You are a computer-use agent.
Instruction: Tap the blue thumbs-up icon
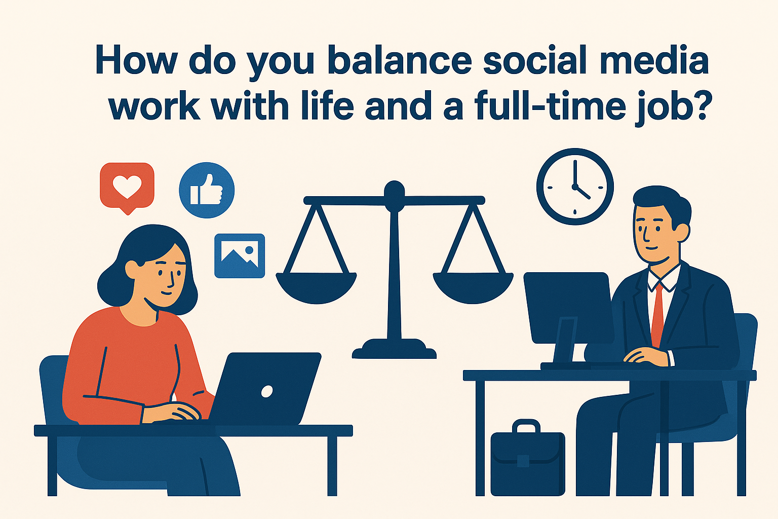pos(207,190)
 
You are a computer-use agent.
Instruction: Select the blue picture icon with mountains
pos(240,255)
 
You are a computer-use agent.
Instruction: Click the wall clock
pos(575,187)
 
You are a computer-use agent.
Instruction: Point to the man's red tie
pos(657,314)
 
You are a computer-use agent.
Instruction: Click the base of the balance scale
pos(394,350)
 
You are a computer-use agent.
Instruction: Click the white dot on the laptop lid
pos(266,391)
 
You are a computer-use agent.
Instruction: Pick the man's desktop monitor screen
pos(567,307)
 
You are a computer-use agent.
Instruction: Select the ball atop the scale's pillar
pos(394,191)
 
